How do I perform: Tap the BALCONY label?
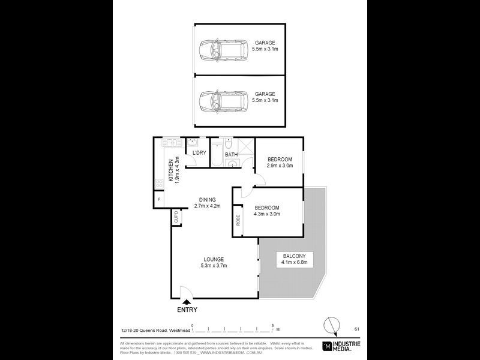tap(294, 256)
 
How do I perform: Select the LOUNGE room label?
tap(213, 259)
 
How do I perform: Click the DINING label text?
tap(208, 200)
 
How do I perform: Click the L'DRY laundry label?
tap(199, 153)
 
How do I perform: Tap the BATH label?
tap(231, 155)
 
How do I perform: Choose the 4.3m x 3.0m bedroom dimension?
tap(267, 214)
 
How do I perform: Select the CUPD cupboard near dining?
tap(176, 217)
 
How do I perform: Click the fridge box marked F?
tap(159, 199)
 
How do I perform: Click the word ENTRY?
tap(187, 310)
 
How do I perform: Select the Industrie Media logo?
tap(341, 346)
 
